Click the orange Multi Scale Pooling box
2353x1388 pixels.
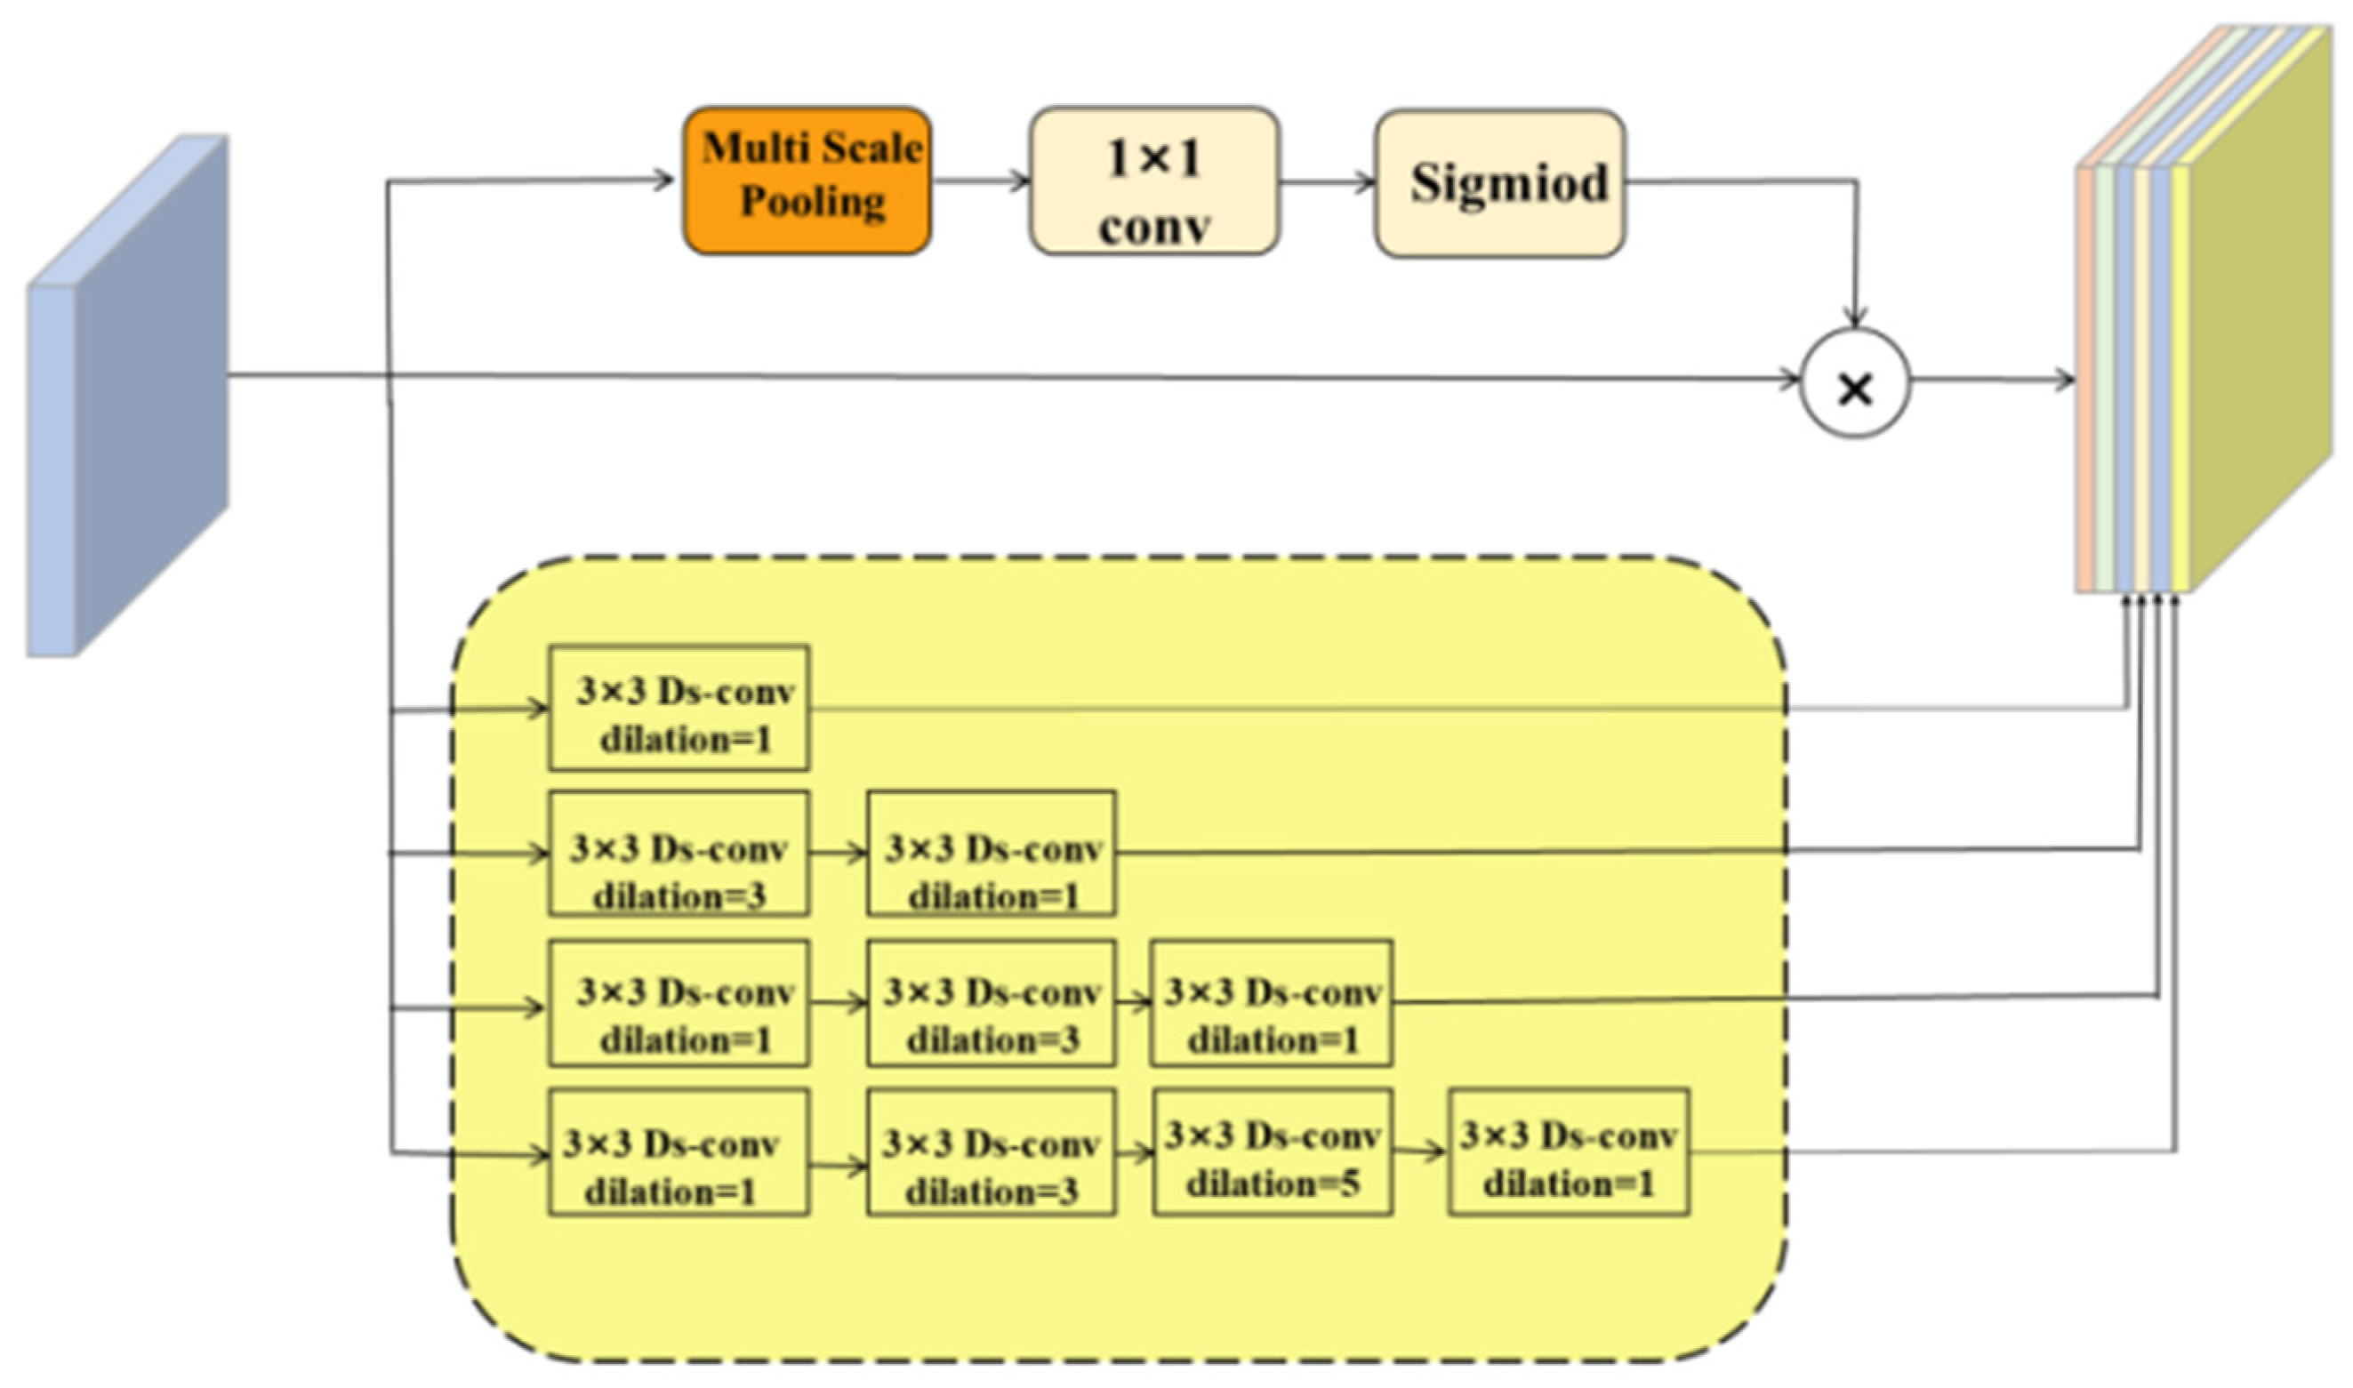coord(807,180)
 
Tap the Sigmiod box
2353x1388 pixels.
coord(1499,183)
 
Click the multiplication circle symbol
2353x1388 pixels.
coord(1853,384)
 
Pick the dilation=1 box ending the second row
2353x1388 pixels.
coord(991,853)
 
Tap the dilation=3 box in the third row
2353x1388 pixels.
coord(991,1004)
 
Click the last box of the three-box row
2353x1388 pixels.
coord(1271,1004)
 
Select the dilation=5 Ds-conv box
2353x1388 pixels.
coord(1271,1151)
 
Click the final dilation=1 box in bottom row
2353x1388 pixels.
coord(1568,1151)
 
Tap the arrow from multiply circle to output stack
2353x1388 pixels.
coord(1992,380)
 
